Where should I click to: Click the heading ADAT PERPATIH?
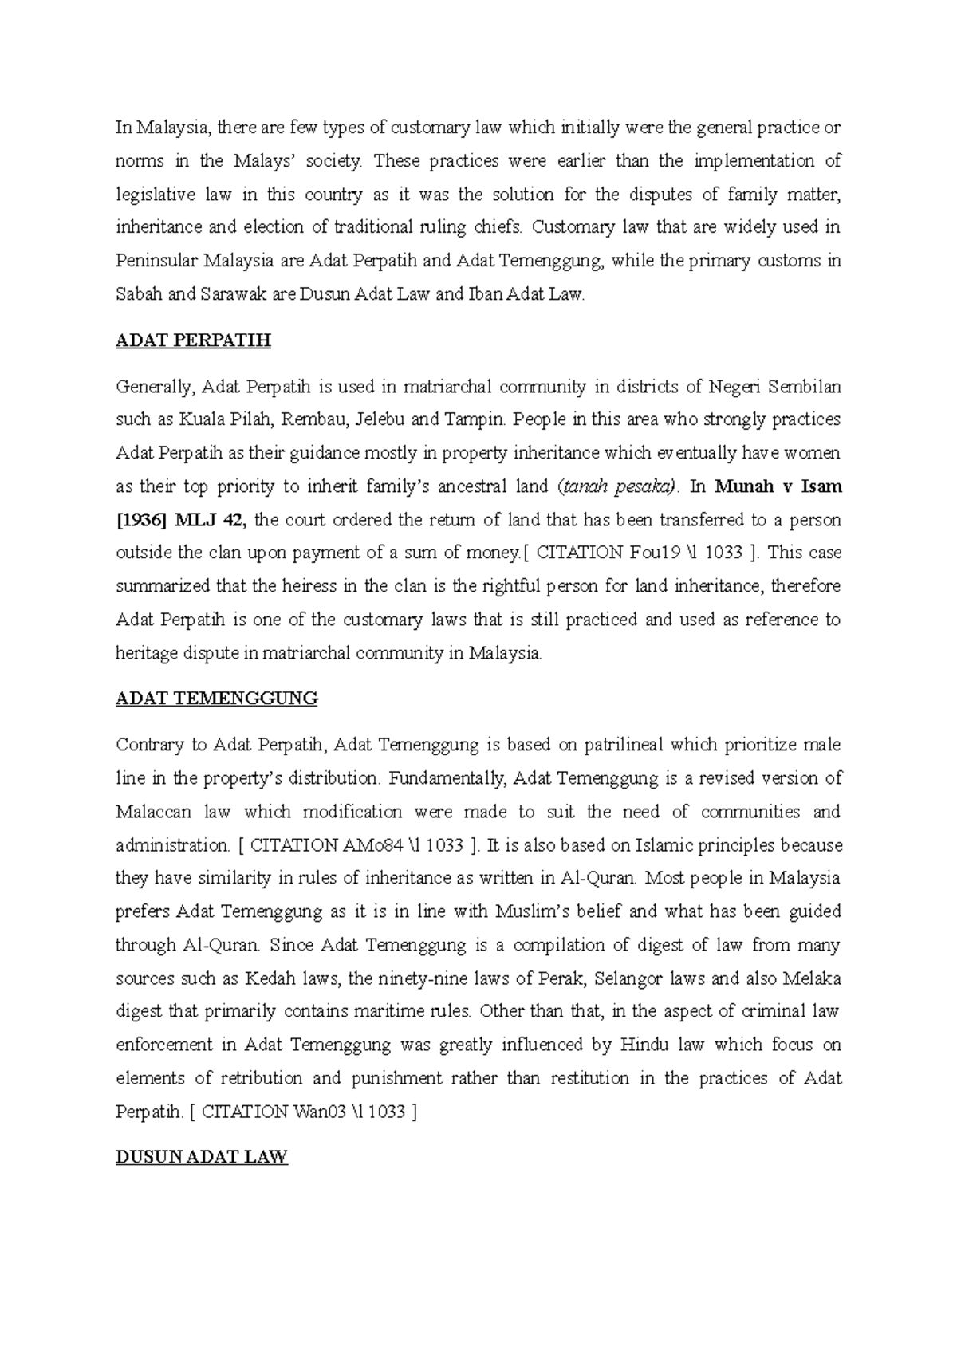tap(193, 341)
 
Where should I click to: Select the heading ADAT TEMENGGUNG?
tap(217, 699)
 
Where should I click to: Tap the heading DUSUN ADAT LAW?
tap(201, 1157)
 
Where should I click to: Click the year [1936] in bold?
tap(143, 520)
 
